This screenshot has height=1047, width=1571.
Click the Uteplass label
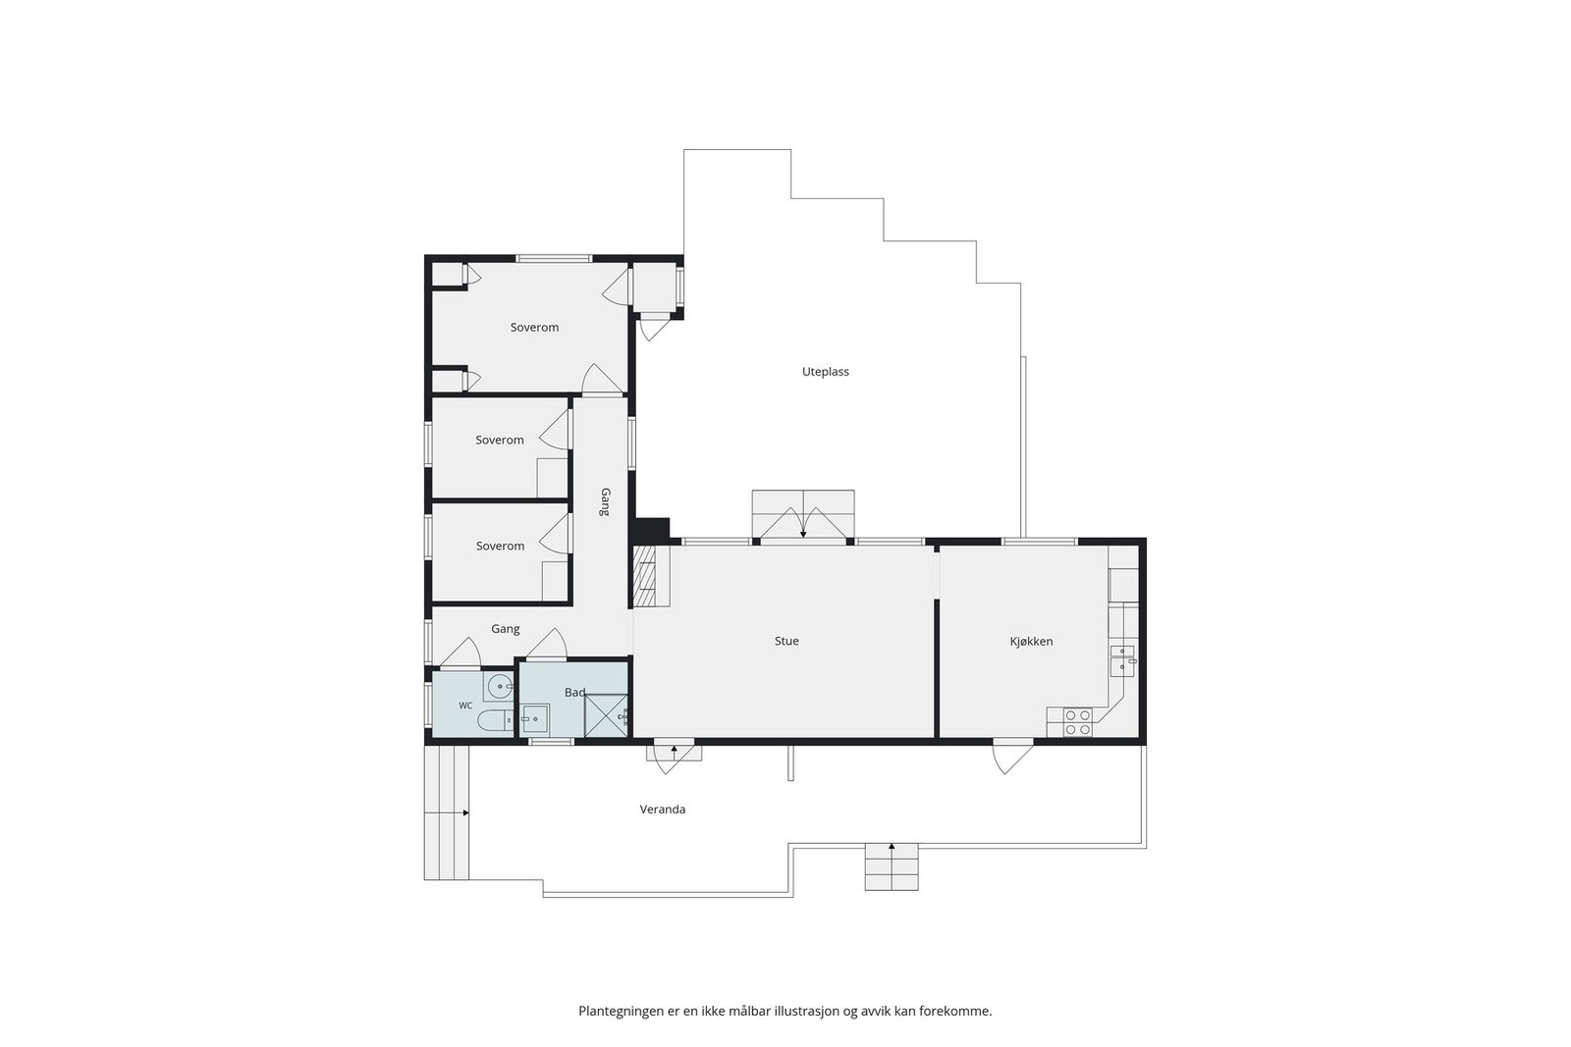[x=826, y=372]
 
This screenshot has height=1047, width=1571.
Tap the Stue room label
[x=786, y=641]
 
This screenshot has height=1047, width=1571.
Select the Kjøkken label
[x=1031, y=641]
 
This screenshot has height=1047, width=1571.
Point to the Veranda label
[x=662, y=810]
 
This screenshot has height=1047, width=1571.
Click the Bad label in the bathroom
[x=574, y=693]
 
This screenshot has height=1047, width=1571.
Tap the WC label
[x=465, y=706]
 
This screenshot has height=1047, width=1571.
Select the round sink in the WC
[x=500, y=686]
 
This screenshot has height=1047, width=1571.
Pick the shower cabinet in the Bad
[x=606, y=714]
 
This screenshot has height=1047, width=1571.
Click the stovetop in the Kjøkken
[x=1078, y=722]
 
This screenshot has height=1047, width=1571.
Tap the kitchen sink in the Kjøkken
[x=1122, y=660]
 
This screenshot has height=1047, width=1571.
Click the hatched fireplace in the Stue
[x=644, y=576]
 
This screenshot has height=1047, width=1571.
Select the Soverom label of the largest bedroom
[x=534, y=328]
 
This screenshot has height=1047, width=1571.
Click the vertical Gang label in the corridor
[x=605, y=501]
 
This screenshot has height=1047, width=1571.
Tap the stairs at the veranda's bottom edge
[x=892, y=866]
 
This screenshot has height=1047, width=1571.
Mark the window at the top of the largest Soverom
[x=554, y=259]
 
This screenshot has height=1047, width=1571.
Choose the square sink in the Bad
[x=535, y=718]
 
